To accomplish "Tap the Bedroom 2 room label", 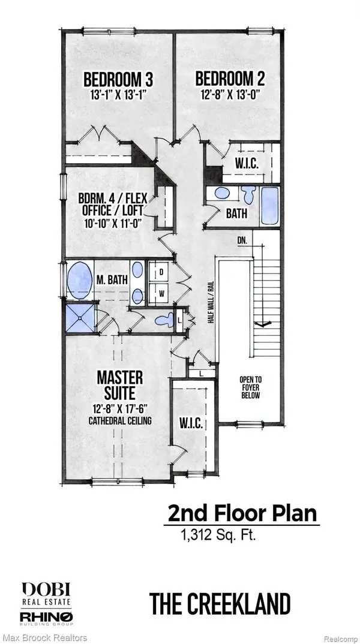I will (x=230, y=79).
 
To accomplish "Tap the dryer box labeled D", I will (x=161, y=272).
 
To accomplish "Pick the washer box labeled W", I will (x=161, y=293).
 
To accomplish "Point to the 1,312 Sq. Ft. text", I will (x=218, y=535).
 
